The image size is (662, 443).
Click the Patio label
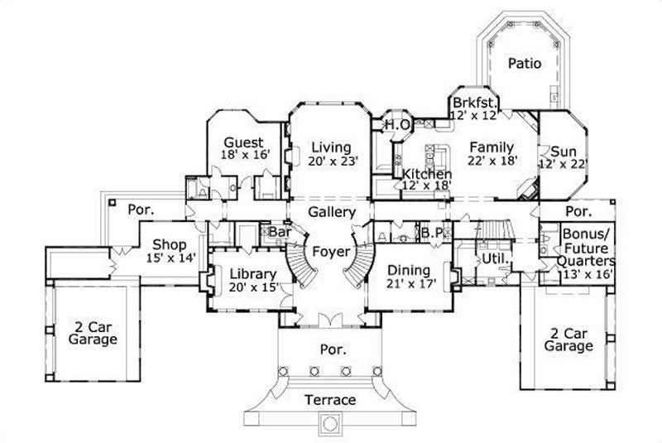pos(525,63)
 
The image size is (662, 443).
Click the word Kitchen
pos(427,175)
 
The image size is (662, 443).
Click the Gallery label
pos(332,213)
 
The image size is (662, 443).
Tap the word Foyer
pos(330,251)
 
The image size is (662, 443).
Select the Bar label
pos(278,233)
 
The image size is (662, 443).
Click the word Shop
pos(169,245)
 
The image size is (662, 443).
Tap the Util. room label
pos(495,259)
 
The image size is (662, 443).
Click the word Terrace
pos(330,400)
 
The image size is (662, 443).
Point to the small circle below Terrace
pos(330,424)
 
